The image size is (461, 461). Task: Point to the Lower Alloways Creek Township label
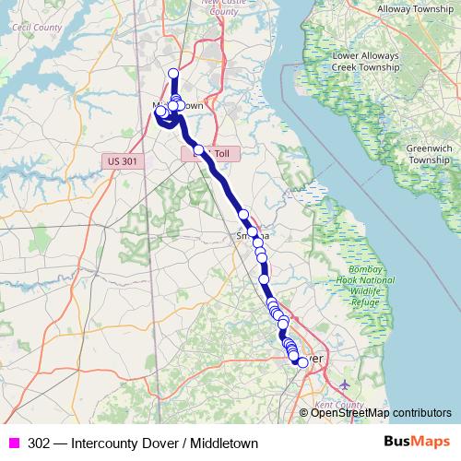point(365,62)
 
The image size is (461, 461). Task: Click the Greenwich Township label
point(430,153)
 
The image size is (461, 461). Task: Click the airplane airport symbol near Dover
point(345,384)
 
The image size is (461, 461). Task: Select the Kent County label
point(337,405)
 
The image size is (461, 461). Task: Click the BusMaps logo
point(417,443)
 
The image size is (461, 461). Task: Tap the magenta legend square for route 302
point(14,443)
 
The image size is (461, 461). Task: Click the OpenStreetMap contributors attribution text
point(381,413)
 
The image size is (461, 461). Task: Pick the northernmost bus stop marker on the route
point(172,74)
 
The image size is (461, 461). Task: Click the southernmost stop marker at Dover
point(302,362)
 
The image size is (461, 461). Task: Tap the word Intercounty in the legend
point(103,443)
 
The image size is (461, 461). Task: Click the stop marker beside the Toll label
point(197,149)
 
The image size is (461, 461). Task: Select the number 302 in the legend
point(39,443)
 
